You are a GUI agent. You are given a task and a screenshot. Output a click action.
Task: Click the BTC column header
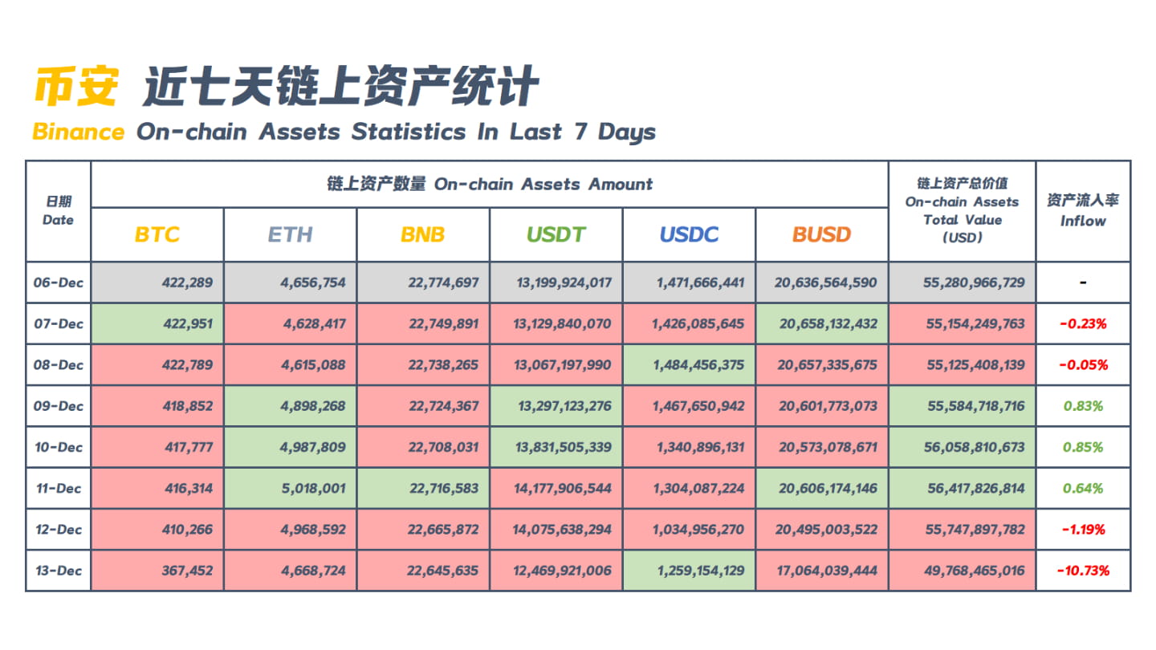point(157,234)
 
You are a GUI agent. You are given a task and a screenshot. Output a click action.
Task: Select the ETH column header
point(290,234)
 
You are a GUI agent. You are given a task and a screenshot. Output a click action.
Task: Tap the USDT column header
point(556,234)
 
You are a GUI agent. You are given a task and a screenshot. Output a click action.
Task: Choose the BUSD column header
point(821,234)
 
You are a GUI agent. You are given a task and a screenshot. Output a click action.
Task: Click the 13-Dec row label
point(59,571)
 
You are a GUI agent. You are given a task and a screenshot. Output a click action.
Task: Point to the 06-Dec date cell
point(59,282)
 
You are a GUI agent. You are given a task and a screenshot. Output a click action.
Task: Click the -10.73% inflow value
point(1083,571)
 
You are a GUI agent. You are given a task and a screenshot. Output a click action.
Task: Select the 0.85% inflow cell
point(1083,447)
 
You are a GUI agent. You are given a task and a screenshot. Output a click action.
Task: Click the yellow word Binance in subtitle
point(79,132)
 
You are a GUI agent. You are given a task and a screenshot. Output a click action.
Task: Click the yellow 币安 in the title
point(77,87)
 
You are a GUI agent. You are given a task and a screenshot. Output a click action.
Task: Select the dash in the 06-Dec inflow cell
point(1083,283)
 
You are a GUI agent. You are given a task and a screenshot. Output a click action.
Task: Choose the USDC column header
point(689,234)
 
